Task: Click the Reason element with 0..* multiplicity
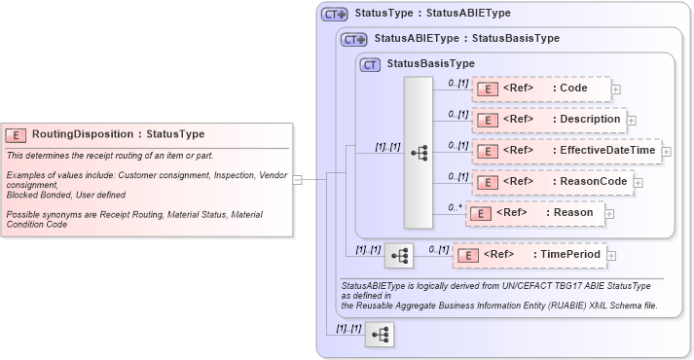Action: click(x=534, y=212)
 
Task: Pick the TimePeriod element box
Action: click(x=530, y=255)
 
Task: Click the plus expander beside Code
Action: click(x=616, y=90)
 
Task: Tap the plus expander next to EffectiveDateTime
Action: click(x=666, y=151)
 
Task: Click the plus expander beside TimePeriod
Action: click(x=612, y=255)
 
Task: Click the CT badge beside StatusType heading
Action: click(x=335, y=15)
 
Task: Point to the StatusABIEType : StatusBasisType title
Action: click(x=466, y=40)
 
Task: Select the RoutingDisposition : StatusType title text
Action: click(x=118, y=134)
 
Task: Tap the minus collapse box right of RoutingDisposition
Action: click(x=298, y=179)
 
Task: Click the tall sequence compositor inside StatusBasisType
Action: click(x=418, y=152)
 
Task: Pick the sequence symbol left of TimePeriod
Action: click(x=399, y=255)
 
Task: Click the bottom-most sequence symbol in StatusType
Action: click(x=381, y=335)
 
